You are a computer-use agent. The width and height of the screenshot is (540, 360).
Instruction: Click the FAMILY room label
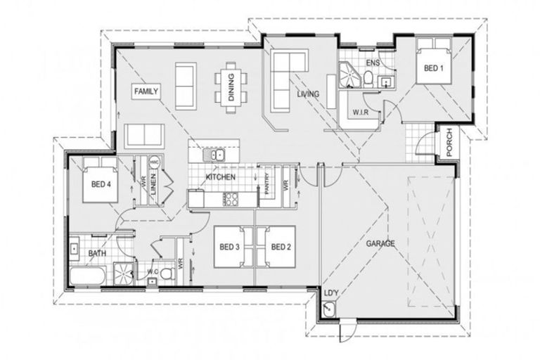(x=147, y=91)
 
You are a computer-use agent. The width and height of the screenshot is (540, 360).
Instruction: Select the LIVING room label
(x=307, y=94)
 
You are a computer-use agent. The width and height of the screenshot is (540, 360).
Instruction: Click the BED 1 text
(x=433, y=68)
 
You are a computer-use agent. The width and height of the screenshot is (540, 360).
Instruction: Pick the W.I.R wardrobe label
(x=360, y=112)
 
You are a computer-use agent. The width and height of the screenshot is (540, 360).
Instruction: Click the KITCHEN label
(x=220, y=177)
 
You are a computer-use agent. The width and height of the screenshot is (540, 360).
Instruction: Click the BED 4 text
(x=101, y=185)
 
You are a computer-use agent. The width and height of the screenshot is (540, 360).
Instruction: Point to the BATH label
(x=96, y=254)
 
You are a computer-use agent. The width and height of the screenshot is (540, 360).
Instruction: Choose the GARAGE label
(x=380, y=243)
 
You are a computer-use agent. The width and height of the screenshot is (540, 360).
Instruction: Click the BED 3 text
(x=229, y=247)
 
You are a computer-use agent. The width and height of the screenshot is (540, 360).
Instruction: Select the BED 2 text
(x=281, y=247)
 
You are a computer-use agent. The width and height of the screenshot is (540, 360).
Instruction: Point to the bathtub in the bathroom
(x=88, y=276)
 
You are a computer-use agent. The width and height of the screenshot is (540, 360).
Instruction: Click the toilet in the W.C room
(x=167, y=272)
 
